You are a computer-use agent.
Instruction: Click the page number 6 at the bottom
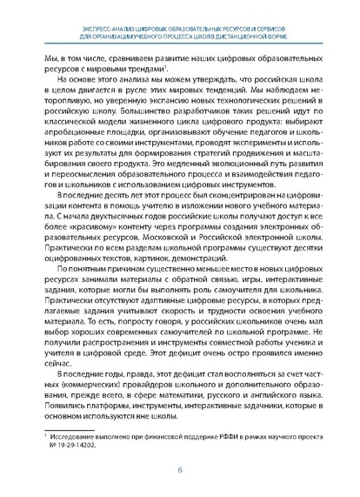[180, 470]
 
